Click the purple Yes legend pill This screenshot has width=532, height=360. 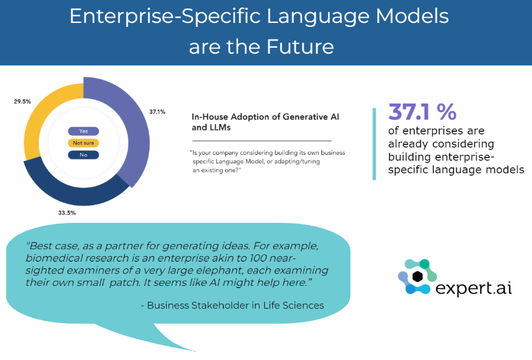[83, 131]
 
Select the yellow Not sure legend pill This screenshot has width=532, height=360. [83, 143]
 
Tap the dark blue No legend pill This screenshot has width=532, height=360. [83, 155]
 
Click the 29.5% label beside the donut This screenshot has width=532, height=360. [22, 102]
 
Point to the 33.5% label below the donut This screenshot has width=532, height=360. [67, 213]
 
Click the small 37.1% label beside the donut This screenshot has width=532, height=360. [157, 111]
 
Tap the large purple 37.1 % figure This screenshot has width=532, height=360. [422, 111]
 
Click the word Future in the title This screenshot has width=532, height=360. [300, 47]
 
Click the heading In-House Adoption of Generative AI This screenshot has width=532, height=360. [265, 117]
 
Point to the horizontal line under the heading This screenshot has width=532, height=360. [262, 140]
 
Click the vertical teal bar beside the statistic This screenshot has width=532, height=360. [374, 144]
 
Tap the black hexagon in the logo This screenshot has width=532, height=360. [417, 277]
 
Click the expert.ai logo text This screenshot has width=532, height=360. [474, 288]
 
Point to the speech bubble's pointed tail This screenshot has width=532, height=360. [195, 351]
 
